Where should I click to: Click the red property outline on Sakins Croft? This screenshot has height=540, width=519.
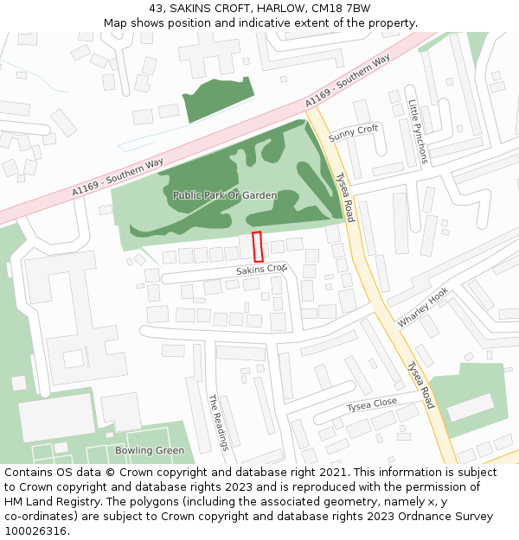[257, 247]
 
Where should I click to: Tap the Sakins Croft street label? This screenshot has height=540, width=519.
[261, 270]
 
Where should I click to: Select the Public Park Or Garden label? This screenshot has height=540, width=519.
[225, 195]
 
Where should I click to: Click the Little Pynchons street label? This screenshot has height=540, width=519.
[418, 131]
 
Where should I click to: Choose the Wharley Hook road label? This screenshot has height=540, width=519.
[423, 308]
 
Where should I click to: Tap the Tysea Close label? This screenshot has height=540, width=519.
[372, 404]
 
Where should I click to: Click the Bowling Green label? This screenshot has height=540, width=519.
[150, 450]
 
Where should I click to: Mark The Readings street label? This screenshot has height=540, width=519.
[218, 422]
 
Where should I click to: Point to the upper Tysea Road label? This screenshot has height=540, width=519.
[344, 197]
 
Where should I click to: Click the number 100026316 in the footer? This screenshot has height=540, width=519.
[35, 531]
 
